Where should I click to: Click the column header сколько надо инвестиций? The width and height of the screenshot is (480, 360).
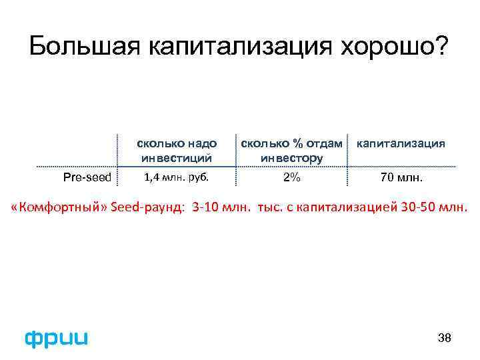click(177, 151)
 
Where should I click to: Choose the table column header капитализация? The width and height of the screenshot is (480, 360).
click(401, 143)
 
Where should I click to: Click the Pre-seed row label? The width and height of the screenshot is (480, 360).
click(87, 177)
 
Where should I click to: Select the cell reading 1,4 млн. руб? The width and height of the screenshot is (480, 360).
click(177, 177)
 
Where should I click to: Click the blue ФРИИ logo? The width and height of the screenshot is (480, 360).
click(56, 338)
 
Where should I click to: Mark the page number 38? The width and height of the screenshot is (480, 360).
click(445, 338)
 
